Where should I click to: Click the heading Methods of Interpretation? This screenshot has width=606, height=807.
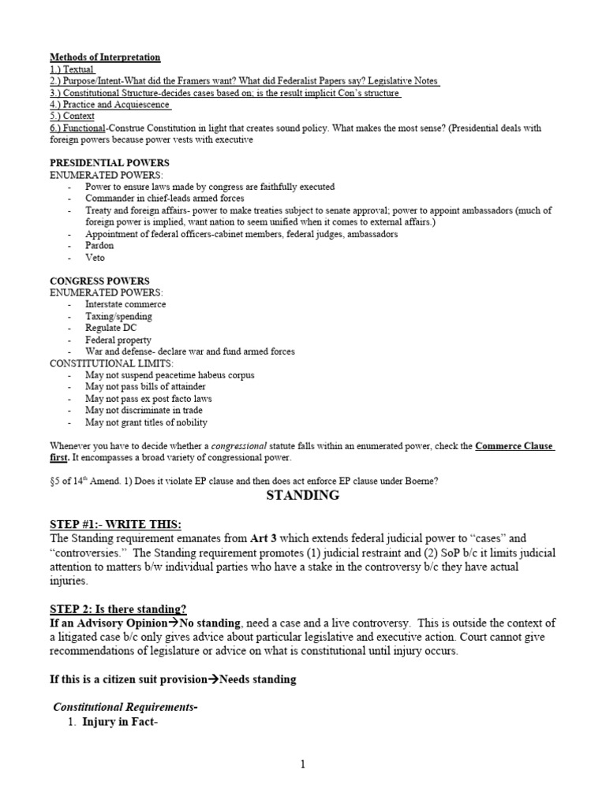point(105,58)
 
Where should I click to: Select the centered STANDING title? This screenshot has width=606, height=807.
point(303,496)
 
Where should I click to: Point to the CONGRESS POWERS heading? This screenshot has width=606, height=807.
point(99,281)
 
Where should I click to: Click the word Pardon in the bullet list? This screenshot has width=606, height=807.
point(100,246)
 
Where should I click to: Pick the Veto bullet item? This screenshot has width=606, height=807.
point(95,258)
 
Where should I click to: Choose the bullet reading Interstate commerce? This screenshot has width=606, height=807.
point(125,304)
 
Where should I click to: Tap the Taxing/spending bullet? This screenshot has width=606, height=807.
point(119,316)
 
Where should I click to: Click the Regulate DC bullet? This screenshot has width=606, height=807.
point(115,328)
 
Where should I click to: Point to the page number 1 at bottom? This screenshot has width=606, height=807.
point(303,764)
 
